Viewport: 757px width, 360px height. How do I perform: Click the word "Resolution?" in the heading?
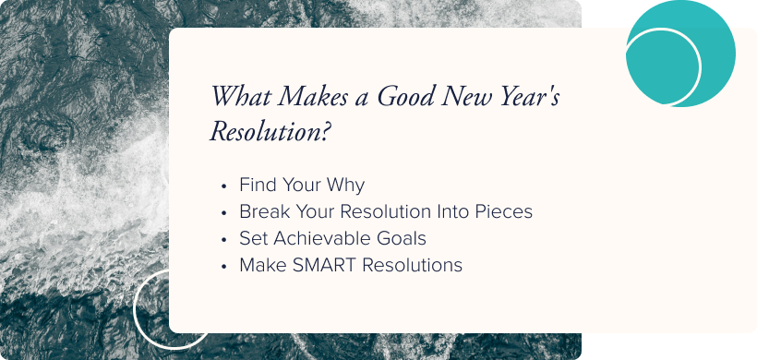270,132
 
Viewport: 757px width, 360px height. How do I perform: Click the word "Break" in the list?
263,211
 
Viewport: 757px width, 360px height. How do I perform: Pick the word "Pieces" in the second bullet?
502,211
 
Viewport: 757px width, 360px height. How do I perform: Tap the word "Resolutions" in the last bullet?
412,265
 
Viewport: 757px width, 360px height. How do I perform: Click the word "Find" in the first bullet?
258,185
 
